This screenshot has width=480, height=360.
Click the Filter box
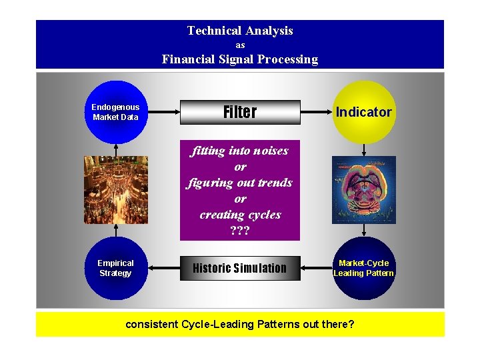[x=240, y=112]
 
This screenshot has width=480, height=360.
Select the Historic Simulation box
[x=240, y=268]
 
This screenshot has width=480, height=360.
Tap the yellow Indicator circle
[x=363, y=112]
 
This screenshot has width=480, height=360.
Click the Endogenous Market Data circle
[x=115, y=112]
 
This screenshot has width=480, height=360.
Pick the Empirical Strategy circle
[x=115, y=268]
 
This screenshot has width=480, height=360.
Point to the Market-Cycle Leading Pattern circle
[x=363, y=268]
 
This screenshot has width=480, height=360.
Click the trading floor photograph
[x=116, y=189]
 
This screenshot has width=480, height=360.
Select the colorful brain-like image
[x=363, y=189]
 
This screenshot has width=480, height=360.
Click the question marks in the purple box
[x=240, y=231]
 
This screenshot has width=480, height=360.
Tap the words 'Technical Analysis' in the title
[x=240, y=31]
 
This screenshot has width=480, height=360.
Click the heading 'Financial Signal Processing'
[x=240, y=59]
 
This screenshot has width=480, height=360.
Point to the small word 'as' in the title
[x=240, y=45]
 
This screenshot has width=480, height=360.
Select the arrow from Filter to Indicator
[x=317, y=112]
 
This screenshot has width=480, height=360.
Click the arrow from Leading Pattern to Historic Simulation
[x=317, y=268]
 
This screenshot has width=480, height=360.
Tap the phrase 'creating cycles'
[x=240, y=215]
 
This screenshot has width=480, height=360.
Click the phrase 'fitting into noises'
[x=240, y=151]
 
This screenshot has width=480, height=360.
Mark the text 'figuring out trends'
[x=240, y=183]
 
